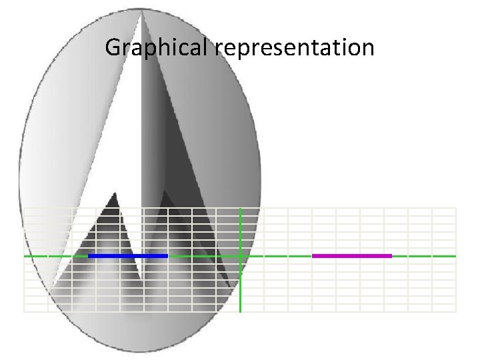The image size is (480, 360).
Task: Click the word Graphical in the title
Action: tap(159, 48)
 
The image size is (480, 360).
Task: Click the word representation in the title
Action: tap(295, 48)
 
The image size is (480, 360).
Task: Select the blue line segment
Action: tap(127, 256)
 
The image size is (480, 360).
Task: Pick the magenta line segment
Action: tap(351, 256)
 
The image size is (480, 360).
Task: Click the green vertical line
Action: tap(240, 287)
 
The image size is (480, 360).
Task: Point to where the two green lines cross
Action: tap(240, 256)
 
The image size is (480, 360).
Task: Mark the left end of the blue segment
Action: tap(89, 256)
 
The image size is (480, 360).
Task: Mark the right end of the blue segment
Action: tap(167, 256)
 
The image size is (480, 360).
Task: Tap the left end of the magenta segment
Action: tap(313, 256)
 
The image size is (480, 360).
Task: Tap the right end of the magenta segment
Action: tap(391, 256)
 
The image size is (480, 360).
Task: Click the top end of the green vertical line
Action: tap(240, 208)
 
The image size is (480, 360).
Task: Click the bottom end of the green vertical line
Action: tap(240, 311)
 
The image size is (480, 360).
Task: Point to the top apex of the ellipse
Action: tap(141, 9)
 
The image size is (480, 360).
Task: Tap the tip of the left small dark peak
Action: tap(115, 193)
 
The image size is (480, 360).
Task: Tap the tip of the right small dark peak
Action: tap(164, 192)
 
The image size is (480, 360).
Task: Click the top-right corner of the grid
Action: tap(456, 208)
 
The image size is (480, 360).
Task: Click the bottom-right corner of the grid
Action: tap(456, 311)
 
